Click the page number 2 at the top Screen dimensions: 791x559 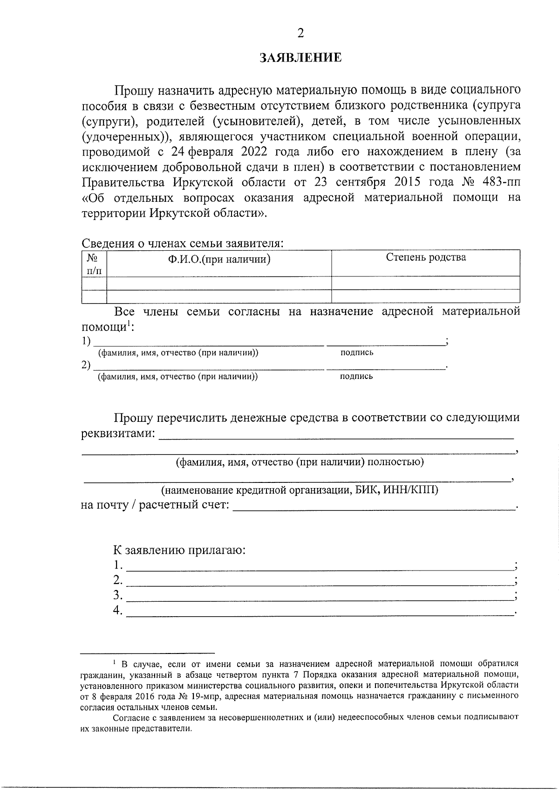point(300,33)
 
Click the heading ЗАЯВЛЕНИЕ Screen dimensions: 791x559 point(300,58)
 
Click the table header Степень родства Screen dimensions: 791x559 point(426,257)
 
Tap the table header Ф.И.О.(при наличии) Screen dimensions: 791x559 point(219,259)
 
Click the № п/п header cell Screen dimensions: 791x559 point(94,263)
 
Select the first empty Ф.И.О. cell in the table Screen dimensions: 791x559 point(219,283)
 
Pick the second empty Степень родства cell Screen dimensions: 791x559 point(426,296)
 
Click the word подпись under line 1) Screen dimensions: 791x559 point(357,353)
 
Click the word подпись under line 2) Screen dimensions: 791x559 point(356,377)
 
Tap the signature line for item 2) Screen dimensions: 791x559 point(386,367)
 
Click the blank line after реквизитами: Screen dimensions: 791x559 point(336,436)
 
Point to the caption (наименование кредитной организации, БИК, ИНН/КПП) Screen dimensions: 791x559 point(300,490)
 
